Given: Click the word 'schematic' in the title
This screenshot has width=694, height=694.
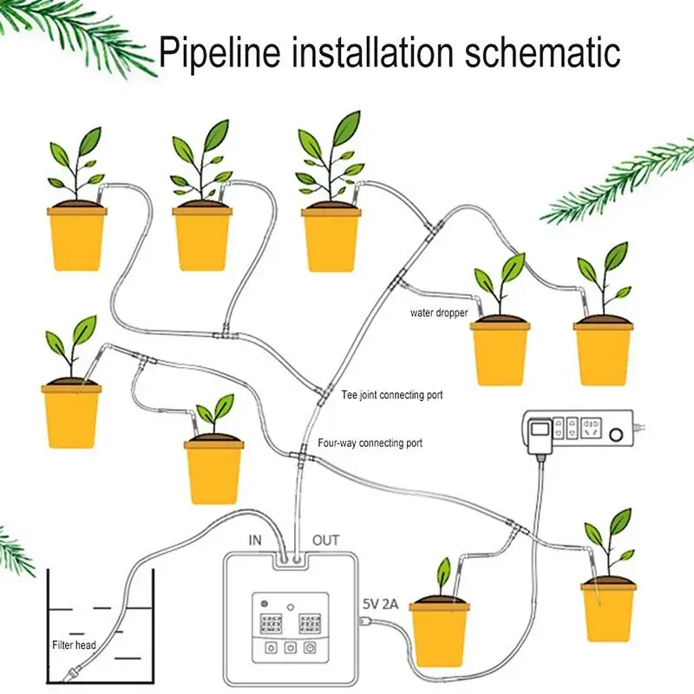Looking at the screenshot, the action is click(542, 52).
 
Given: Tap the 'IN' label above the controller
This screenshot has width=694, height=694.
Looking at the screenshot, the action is click(255, 540).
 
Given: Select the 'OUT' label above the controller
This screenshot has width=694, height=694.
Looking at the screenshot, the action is click(326, 540).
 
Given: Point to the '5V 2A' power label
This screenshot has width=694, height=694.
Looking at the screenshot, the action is click(381, 604).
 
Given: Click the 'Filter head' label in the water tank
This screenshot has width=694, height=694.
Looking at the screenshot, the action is click(74, 645).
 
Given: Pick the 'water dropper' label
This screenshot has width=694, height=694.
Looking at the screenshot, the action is click(439, 313).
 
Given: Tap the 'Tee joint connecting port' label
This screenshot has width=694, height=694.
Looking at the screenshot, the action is click(392, 395).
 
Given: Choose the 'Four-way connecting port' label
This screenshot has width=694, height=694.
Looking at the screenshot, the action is click(370, 443).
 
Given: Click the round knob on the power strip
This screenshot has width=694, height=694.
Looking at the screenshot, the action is click(616, 435).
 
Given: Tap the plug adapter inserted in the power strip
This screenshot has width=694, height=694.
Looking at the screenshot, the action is click(540, 436).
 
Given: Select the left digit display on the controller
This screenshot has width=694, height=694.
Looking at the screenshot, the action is click(271, 624).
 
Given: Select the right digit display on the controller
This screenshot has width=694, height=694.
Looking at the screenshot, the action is click(310, 624).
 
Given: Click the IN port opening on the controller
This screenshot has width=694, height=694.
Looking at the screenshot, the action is click(285, 560).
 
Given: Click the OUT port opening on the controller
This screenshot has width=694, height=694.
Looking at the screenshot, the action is click(298, 560).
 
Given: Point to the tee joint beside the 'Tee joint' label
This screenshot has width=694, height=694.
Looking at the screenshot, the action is click(324, 394).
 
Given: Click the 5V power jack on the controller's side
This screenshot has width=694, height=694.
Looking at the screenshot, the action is click(363, 622).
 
